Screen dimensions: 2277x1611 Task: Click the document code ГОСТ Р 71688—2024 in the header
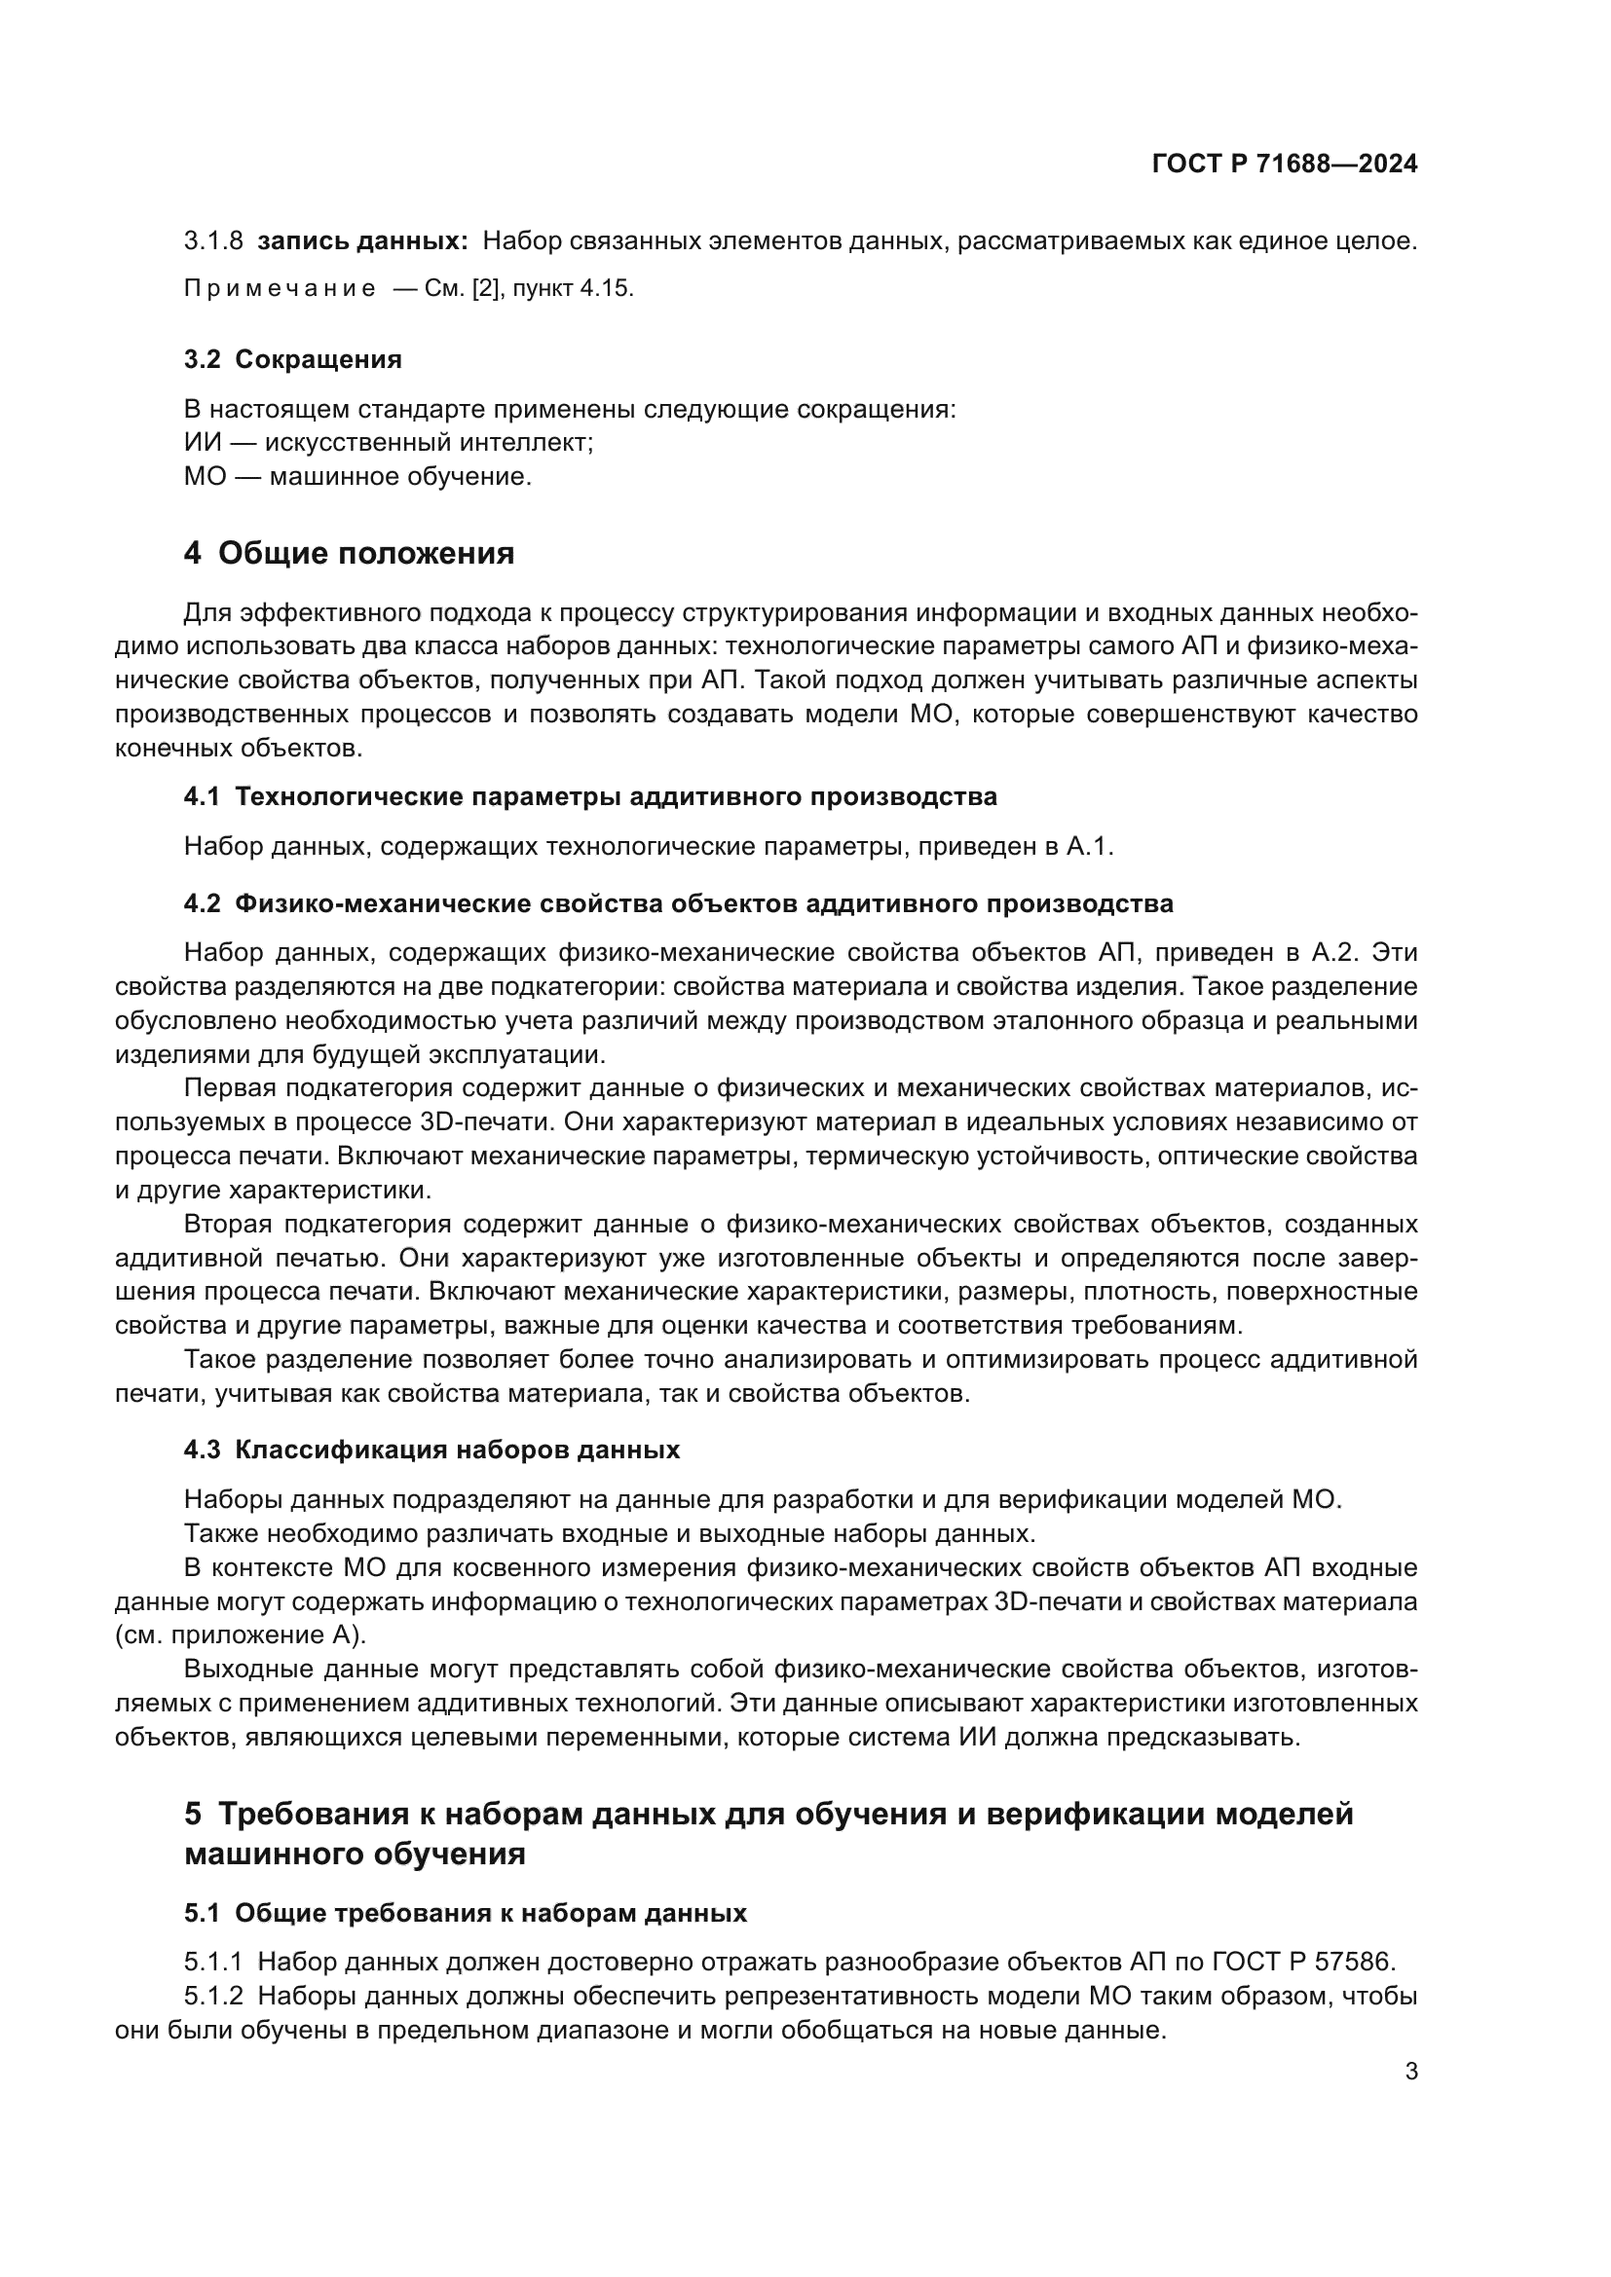pyautogui.click(x=1285, y=165)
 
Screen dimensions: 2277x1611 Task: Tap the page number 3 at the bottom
pyautogui.click(x=1410, y=2072)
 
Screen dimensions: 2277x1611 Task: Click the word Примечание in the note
pyautogui.click(x=280, y=289)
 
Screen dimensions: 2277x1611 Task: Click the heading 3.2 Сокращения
pyautogui.click(x=292, y=360)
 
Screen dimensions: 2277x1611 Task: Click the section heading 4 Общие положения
pyautogui.click(x=350, y=553)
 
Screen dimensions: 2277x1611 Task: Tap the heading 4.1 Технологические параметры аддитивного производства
pyautogui.click(x=590, y=797)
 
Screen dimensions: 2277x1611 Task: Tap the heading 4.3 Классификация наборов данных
pyautogui.click(x=431, y=1451)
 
